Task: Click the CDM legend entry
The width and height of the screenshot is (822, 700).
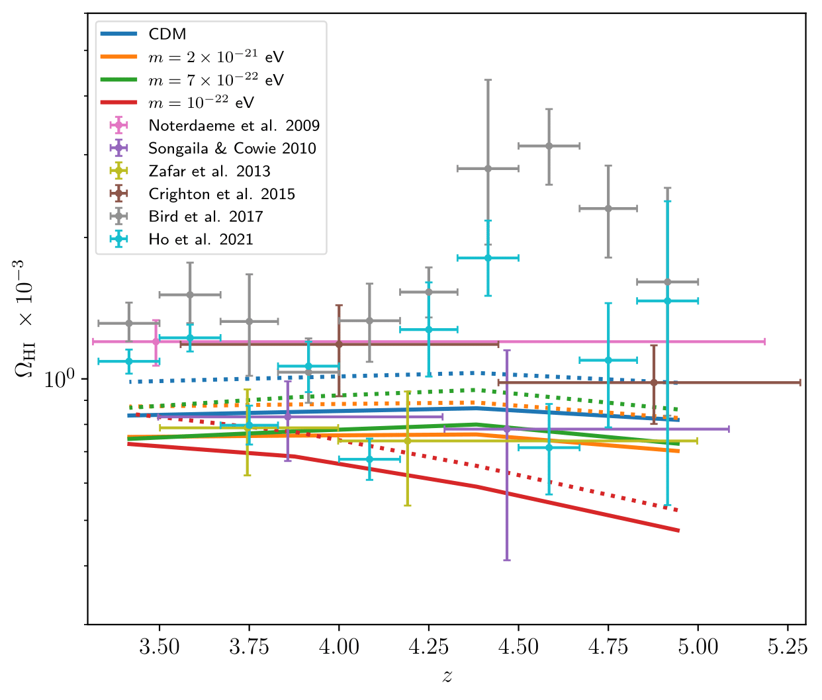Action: click(167, 34)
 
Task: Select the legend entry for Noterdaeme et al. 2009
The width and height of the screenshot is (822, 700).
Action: click(234, 126)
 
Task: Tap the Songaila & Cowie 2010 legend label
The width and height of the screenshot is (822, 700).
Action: click(232, 148)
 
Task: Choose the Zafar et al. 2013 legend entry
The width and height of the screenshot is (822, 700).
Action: click(209, 171)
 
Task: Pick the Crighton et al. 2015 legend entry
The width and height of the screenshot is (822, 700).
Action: click(222, 194)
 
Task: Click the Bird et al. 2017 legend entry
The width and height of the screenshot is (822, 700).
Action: click(205, 216)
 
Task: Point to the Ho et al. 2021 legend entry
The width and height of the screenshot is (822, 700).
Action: click(201, 240)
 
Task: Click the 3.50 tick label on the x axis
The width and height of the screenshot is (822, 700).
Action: click(159, 646)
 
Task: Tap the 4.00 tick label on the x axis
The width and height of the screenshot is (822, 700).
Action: click(339, 646)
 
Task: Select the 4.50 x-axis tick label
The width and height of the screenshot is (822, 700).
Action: click(518, 646)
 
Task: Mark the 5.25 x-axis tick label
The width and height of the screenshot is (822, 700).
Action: click(788, 646)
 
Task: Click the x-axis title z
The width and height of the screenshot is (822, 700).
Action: click(447, 676)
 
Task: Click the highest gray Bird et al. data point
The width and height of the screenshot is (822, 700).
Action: click(549, 146)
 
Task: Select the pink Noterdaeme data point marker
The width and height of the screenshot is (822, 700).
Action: click(156, 341)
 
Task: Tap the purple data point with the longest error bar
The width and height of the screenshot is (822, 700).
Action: click(507, 429)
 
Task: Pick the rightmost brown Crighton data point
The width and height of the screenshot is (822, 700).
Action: click(654, 382)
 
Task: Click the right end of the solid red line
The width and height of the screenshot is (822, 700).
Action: click(679, 531)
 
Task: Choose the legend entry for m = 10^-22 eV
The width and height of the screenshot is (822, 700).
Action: click(201, 103)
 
